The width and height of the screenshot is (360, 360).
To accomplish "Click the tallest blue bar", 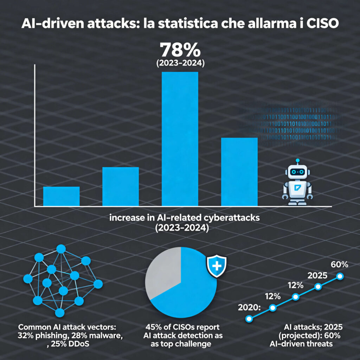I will (180, 139).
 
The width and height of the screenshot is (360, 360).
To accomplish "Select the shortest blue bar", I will (61, 196).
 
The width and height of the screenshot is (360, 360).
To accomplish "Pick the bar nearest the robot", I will (239, 172).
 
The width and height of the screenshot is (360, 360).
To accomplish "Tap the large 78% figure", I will (180, 50).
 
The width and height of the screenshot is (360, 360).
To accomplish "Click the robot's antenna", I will (297, 161).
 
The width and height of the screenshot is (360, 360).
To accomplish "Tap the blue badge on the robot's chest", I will (297, 187).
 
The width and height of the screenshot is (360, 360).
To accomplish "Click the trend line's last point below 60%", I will (340, 276).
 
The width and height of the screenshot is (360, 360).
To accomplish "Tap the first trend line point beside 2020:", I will (249, 319).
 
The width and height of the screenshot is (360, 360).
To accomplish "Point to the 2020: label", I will (249, 307).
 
